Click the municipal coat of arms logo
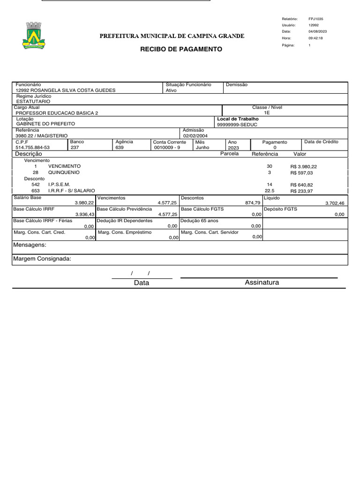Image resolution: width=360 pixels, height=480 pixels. pos(33,36)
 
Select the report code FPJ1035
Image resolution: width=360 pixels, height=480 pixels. pos(316,19)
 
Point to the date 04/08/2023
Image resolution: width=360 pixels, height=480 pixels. pos(318,31)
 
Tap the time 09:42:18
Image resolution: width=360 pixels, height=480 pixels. pos(315,38)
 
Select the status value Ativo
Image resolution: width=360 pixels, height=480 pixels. pos(172,90)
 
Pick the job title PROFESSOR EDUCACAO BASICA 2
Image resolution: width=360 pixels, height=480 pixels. pos(57,113)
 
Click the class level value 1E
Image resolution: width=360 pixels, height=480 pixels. pos(267,113)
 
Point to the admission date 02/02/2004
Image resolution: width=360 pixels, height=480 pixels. pos(195,136)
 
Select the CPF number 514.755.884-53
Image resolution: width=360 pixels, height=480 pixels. pos(33,147)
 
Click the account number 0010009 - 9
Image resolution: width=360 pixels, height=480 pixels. pos(167,147)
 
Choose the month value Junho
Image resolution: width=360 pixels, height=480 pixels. pos(202,147)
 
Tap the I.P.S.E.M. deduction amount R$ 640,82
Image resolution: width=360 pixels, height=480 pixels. pos(301,185)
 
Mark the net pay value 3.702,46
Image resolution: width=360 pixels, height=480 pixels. pos(335,203)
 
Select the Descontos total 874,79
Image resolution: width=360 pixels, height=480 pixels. pos(253,203)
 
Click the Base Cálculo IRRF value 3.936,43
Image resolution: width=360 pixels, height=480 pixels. pos(85,214)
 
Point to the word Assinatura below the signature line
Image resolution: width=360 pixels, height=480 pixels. pos(262,282)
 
